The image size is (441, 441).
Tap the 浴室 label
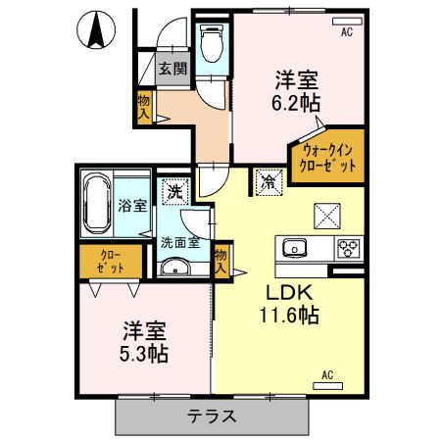click(x=133, y=206)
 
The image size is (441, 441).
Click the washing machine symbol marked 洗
click(x=174, y=191)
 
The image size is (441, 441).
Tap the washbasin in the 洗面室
click(x=175, y=267)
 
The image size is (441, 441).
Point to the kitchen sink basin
click(x=297, y=247)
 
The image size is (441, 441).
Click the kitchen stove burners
click(x=349, y=248)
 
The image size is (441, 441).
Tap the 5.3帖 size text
click(x=145, y=353)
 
